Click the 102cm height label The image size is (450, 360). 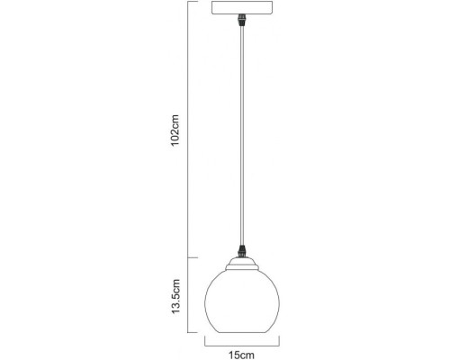click(176, 131)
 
